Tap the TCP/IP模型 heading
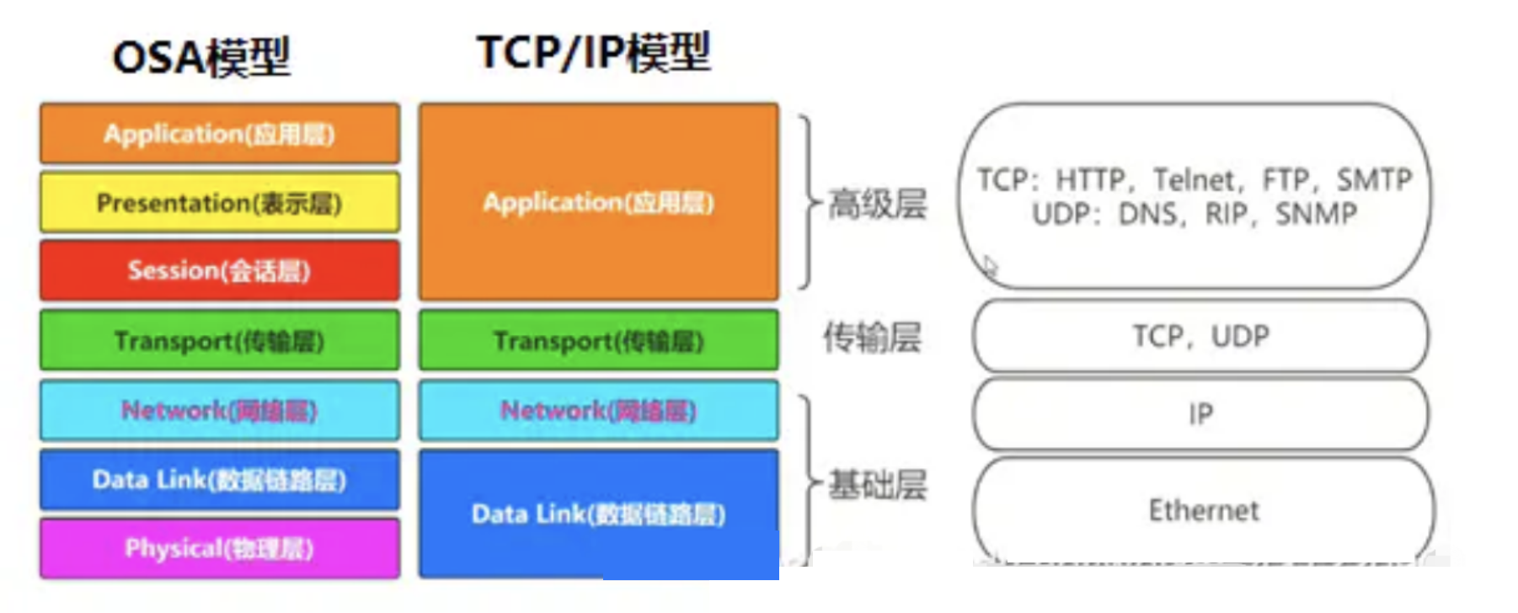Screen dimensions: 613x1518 (594, 52)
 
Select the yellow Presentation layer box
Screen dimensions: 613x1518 (219, 203)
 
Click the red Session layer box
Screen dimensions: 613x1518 (219, 270)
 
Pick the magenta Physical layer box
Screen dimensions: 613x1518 (219, 548)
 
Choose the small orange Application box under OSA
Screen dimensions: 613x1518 (219, 133)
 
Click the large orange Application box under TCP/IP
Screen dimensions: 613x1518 (598, 202)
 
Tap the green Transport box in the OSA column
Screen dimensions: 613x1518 (219, 340)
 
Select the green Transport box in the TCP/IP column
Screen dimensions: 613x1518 (598, 340)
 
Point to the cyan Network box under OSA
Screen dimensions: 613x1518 (219, 410)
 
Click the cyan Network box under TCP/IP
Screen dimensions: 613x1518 (598, 410)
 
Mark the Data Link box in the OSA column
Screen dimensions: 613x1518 (219, 479)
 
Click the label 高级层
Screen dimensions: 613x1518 (877, 204)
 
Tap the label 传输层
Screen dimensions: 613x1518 (872, 337)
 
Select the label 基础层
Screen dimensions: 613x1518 (877, 484)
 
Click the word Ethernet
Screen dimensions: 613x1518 (1204, 510)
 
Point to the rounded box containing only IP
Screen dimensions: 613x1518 (1200, 413)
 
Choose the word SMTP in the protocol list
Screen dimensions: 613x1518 (1374, 179)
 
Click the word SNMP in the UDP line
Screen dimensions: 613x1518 (1316, 214)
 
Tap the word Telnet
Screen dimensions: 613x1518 (1195, 179)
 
